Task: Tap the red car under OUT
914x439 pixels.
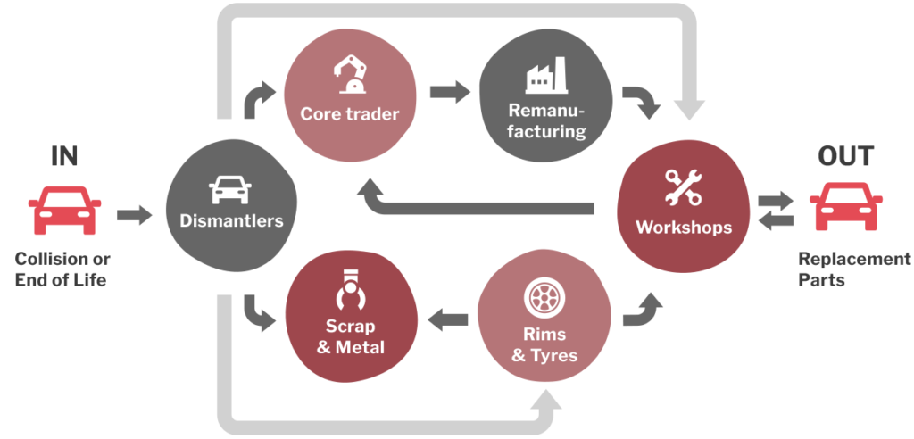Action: coord(846,206)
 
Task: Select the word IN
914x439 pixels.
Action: coord(64,156)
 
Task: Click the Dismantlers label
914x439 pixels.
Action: coord(231,221)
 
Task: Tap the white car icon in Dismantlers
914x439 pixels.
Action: coord(230,189)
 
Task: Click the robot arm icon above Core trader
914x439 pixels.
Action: coord(350,73)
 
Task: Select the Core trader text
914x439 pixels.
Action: coord(350,113)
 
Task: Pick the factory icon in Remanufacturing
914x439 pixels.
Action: coord(546,75)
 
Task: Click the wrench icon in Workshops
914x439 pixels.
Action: coord(683,187)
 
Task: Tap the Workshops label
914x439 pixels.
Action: coord(684,227)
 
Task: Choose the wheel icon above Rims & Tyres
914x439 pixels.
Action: coord(544,298)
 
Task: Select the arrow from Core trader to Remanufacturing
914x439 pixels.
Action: coord(450,92)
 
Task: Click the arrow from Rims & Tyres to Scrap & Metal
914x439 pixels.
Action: coord(448,319)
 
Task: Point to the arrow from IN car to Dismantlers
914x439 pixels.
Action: coord(135,214)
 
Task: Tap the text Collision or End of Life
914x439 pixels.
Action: coord(62,269)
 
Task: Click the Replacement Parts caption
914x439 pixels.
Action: coord(854,269)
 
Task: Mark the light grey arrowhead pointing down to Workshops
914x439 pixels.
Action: coord(690,110)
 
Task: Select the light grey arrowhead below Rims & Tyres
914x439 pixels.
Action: coord(545,400)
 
